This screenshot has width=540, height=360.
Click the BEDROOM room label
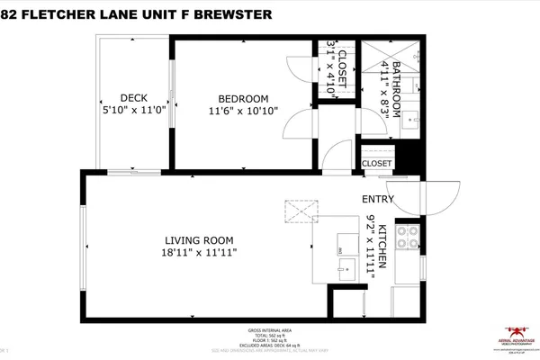[x=243, y=98]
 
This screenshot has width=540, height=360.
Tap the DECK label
[x=134, y=98]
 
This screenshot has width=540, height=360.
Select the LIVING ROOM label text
[x=199, y=240]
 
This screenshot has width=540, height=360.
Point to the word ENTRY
[x=377, y=199]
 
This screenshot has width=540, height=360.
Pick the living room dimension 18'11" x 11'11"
[x=199, y=254]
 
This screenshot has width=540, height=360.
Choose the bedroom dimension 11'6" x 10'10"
[x=243, y=111]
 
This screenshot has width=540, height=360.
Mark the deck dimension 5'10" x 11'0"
[x=134, y=111]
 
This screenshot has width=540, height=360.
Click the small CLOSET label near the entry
[x=376, y=164]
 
